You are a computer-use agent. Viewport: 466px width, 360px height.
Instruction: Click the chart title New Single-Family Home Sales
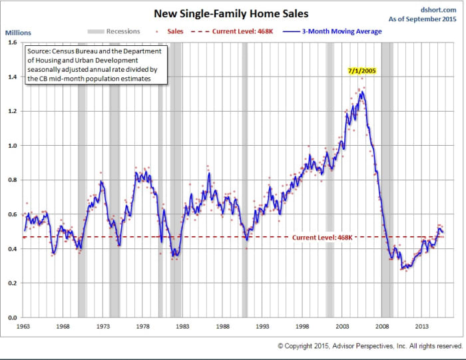click(x=232, y=13)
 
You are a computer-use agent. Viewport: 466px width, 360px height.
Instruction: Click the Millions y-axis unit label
click(x=18, y=32)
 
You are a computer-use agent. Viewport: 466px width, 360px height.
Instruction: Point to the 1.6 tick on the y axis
click(x=13, y=43)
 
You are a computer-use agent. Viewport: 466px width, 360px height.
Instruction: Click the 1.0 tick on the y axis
click(x=13, y=146)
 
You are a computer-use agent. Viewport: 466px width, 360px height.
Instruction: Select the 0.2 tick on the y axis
click(x=13, y=283)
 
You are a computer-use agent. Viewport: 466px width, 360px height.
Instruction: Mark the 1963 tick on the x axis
click(x=24, y=326)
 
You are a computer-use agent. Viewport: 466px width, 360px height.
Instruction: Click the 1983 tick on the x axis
click(x=183, y=326)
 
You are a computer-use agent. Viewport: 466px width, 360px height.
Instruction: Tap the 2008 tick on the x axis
click(x=382, y=326)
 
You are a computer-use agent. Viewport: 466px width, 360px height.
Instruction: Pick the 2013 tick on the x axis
click(x=422, y=326)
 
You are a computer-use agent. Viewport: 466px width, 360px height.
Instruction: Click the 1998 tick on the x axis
click(x=302, y=326)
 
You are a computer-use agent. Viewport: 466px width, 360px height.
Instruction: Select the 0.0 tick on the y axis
click(x=13, y=318)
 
